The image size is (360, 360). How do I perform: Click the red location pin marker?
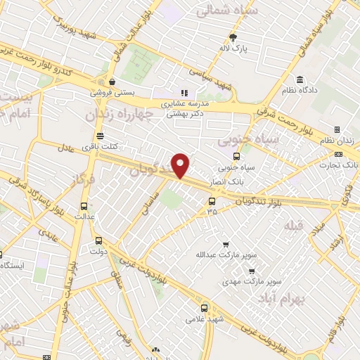point(181,165)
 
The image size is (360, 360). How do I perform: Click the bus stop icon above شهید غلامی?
point(205,308)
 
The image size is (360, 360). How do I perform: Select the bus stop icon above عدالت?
point(85,206)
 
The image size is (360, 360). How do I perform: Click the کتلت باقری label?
point(99,146)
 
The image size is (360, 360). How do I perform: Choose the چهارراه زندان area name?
point(118,115)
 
